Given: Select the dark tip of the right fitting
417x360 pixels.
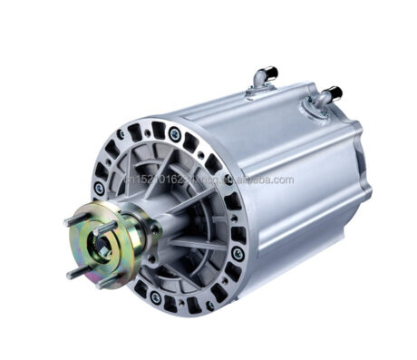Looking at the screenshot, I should click(x=335, y=91).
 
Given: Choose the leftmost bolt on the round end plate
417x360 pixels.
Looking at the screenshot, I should click(x=99, y=188).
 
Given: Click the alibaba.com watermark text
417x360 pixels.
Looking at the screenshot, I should click(x=254, y=180).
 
